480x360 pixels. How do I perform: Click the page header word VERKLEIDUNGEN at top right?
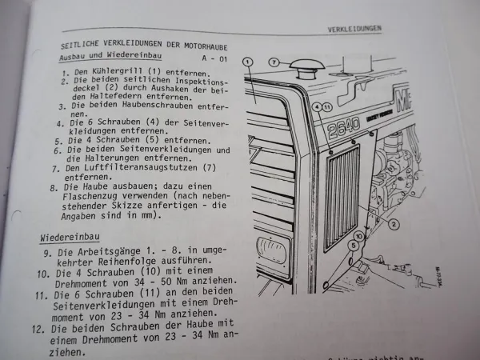point(354,29)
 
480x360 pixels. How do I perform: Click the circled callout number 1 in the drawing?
point(248,62)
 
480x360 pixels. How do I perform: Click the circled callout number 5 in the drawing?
point(353,248)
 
